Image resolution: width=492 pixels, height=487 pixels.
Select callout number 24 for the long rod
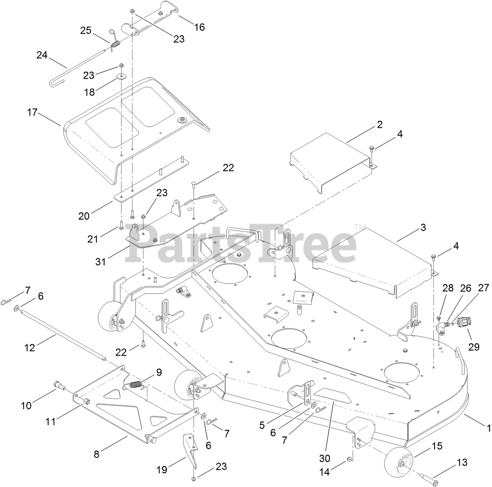pyautogui.click(x=42, y=55)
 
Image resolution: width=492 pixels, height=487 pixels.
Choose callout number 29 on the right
pyautogui.click(x=475, y=347)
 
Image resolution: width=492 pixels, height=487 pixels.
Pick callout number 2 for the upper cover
pyautogui.click(x=380, y=124)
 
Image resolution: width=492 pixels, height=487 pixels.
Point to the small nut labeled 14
pyautogui.click(x=350, y=459)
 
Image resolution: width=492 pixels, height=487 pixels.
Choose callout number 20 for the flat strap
pyautogui.click(x=84, y=216)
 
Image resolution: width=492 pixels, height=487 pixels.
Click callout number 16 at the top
pyautogui.click(x=199, y=27)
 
